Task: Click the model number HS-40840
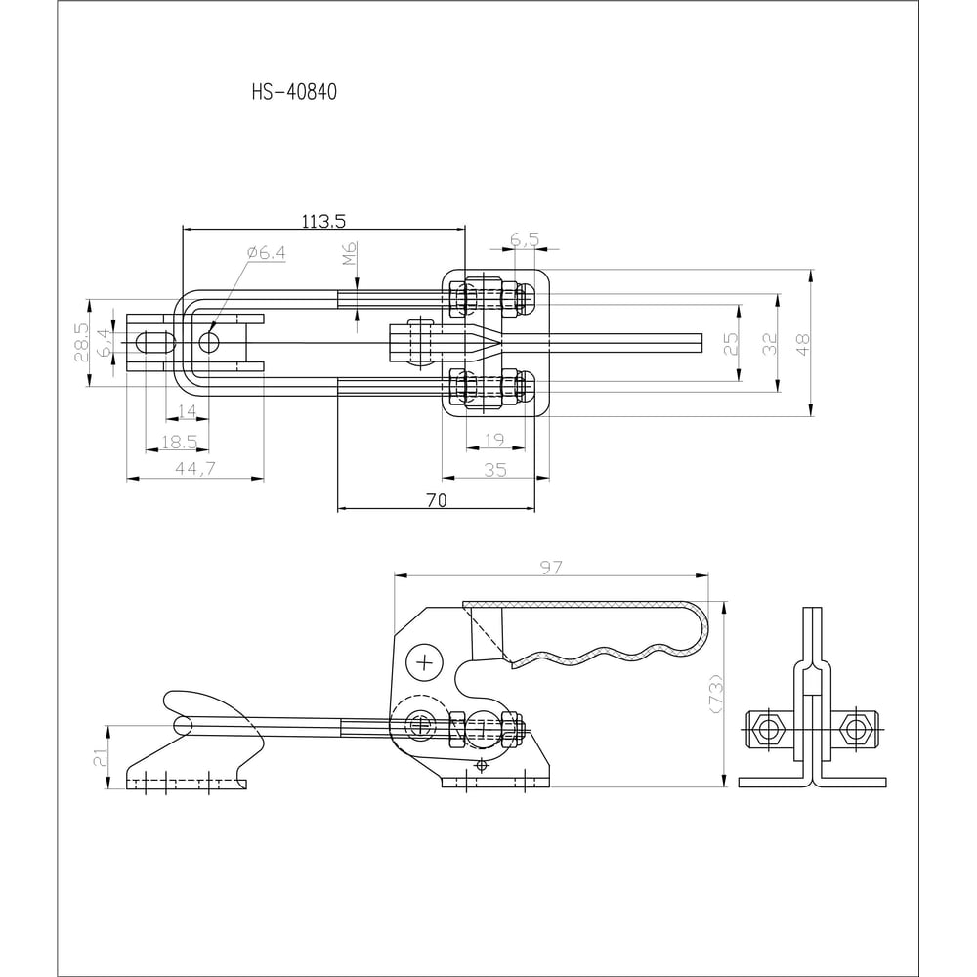[x=294, y=92]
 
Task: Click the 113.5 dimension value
[x=323, y=221]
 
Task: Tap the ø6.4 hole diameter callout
[x=266, y=252]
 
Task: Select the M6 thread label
[x=350, y=254]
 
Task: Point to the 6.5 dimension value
[x=525, y=238]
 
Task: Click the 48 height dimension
[x=803, y=344]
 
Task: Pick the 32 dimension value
[x=770, y=344]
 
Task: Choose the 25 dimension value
[x=730, y=344]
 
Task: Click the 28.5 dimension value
[x=82, y=342]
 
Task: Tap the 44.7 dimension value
[x=195, y=469]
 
